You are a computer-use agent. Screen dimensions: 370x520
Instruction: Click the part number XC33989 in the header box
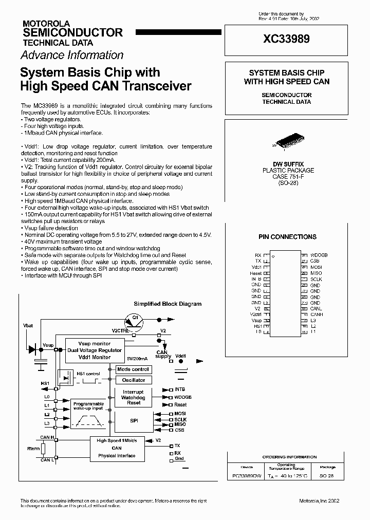286,39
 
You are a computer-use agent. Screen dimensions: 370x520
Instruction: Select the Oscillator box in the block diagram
134,380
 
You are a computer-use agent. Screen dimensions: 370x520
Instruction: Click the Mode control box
133,369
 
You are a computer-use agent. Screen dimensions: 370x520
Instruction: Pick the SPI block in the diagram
134,420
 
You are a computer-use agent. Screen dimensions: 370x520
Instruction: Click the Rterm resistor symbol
43,449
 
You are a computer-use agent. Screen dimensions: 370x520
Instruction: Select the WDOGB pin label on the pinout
319,255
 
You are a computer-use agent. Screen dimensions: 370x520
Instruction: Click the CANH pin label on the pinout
317,314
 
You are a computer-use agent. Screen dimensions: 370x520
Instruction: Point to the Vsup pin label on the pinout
256,320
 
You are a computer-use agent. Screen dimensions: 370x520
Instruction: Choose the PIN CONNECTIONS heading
287,237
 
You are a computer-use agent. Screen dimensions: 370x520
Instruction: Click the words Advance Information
72,55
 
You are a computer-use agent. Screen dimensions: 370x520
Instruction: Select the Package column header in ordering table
327,467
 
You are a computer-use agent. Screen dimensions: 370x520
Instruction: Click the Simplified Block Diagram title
168,304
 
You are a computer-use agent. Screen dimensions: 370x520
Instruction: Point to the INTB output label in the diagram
180,390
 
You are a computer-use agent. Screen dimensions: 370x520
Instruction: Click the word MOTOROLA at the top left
43,24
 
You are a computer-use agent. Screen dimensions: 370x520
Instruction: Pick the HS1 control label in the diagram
88,374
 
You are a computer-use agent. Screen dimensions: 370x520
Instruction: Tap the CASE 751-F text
286,176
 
